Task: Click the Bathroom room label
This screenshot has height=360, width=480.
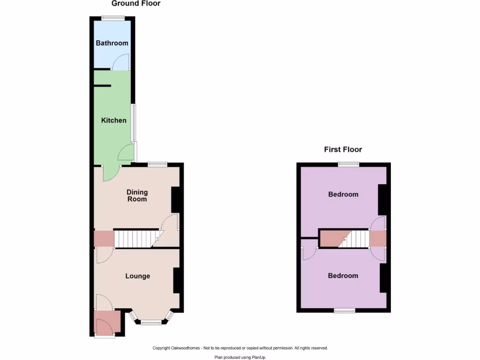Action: (x=112, y=43)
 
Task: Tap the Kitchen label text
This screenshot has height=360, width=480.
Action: (x=114, y=120)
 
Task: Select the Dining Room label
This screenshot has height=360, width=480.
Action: (x=137, y=195)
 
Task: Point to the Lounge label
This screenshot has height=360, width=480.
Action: (x=138, y=276)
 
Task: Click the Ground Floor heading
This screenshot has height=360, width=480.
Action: (x=136, y=4)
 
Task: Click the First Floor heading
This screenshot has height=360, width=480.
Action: (x=343, y=150)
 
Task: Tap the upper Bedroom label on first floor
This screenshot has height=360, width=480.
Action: (x=343, y=195)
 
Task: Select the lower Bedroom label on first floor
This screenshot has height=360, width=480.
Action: (x=343, y=276)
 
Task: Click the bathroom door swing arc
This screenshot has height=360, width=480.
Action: (x=120, y=62)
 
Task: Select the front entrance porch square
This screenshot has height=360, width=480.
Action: (x=104, y=323)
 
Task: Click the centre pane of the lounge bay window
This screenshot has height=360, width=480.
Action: (x=150, y=322)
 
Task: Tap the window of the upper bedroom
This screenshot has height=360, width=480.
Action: (x=349, y=164)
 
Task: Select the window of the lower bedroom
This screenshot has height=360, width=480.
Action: (x=344, y=310)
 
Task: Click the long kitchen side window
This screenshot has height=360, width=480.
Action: (x=134, y=123)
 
